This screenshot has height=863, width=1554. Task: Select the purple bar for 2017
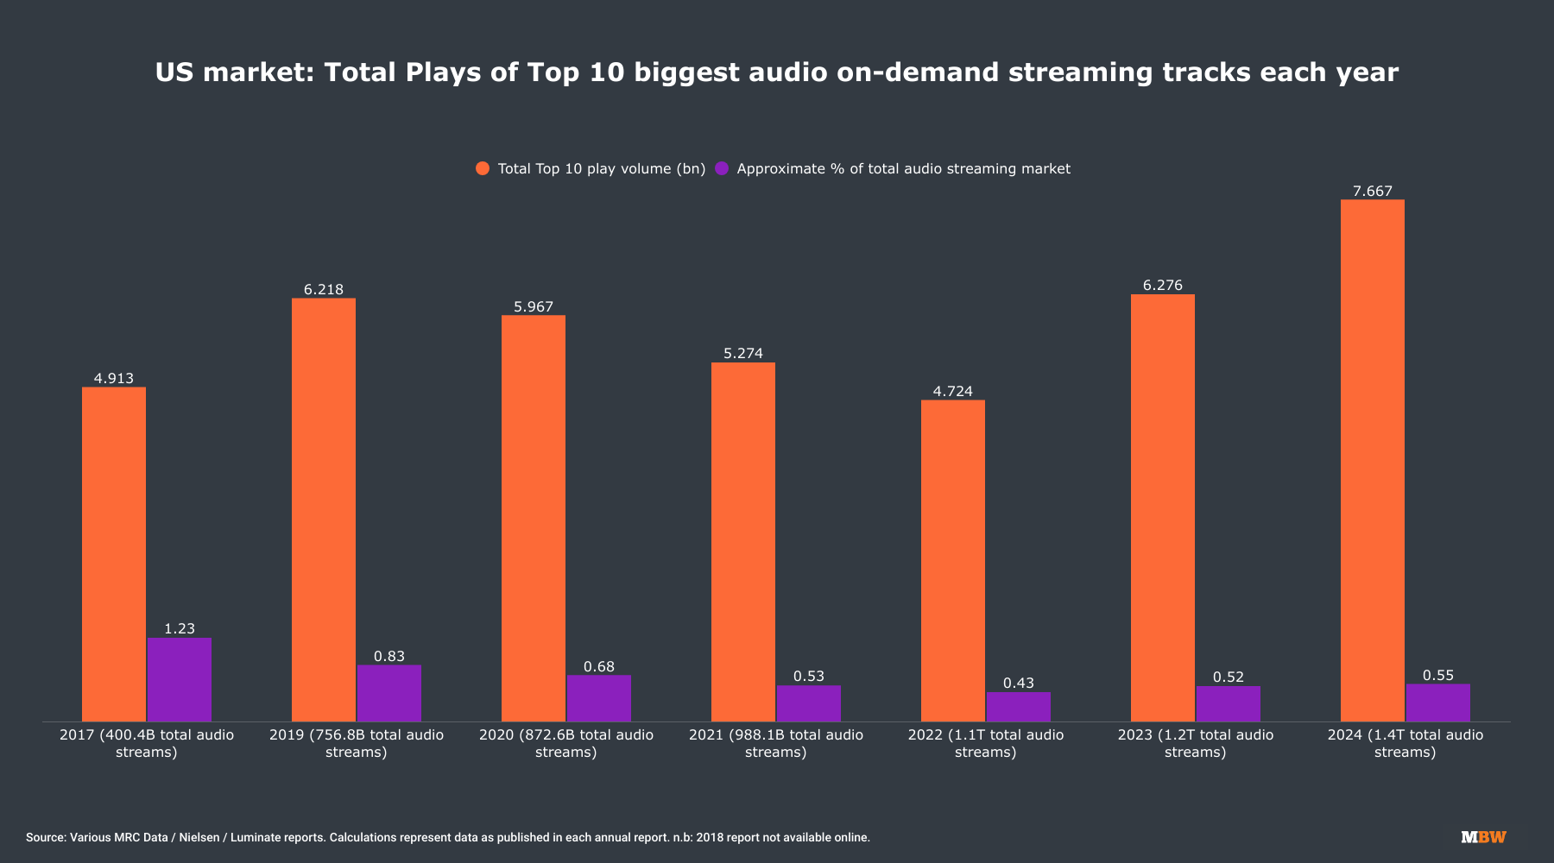(x=180, y=679)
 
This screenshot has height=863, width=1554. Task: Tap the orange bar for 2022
(x=952, y=560)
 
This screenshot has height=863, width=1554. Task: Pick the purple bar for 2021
(x=808, y=703)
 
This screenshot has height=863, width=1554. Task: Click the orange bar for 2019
(x=323, y=509)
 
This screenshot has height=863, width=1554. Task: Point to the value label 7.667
(x=1372, y=192)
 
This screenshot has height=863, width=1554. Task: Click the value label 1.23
(x=180, y=629)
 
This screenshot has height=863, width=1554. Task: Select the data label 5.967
(x=533, y=307)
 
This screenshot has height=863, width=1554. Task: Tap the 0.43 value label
(x=1018, y=683)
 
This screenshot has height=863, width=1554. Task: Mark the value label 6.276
(x=1162, y=286)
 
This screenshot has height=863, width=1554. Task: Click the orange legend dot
(x=483, y=168)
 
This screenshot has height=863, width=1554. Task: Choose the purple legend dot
(x=722, y=168)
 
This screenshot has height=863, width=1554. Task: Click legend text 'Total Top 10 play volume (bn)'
(x=601, y=169)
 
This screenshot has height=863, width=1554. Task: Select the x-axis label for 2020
(x=565, y=744)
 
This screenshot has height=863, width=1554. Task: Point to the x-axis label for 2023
(x=1195, y=744)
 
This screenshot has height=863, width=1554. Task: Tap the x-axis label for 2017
(x=146, y=744)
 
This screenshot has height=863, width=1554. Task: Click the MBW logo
(x=1483, y=837)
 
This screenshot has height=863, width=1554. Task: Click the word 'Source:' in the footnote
(x=46, y=838)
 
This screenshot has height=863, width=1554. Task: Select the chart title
(x=776, y=72)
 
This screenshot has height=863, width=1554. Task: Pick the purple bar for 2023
(x=1228, y=703)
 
